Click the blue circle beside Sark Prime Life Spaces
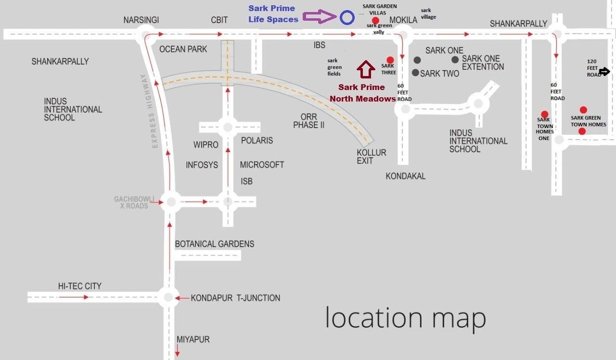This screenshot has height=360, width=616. (x=347, y=18)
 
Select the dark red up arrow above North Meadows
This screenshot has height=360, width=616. (x=366, y=69)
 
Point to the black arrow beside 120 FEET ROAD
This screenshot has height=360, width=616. (x=604, y=72)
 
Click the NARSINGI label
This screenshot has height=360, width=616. (x=141, y=20)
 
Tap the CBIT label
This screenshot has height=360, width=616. (x=219, y=20)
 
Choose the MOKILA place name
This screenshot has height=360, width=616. (x=403, y=20)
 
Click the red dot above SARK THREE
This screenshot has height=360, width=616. (x=390, y=60)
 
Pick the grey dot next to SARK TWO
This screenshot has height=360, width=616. (x=416, y=73)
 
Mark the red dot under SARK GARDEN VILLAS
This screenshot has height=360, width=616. (x=375, y=20)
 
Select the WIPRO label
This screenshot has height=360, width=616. (x=206, y=145)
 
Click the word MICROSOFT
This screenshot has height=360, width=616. (x=262, y=165)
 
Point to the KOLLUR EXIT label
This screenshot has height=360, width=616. (x=371, y=156)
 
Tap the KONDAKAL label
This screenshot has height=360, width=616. (x=406, y=176)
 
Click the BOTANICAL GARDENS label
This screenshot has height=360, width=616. (x=214, y=244)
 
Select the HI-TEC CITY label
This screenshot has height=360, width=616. (x=80, y=286)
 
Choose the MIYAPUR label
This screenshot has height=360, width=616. (x=193, y=340)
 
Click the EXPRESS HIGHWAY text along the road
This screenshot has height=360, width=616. (x=150, y=111)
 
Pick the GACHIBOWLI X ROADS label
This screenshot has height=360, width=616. (x=134, y=203)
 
